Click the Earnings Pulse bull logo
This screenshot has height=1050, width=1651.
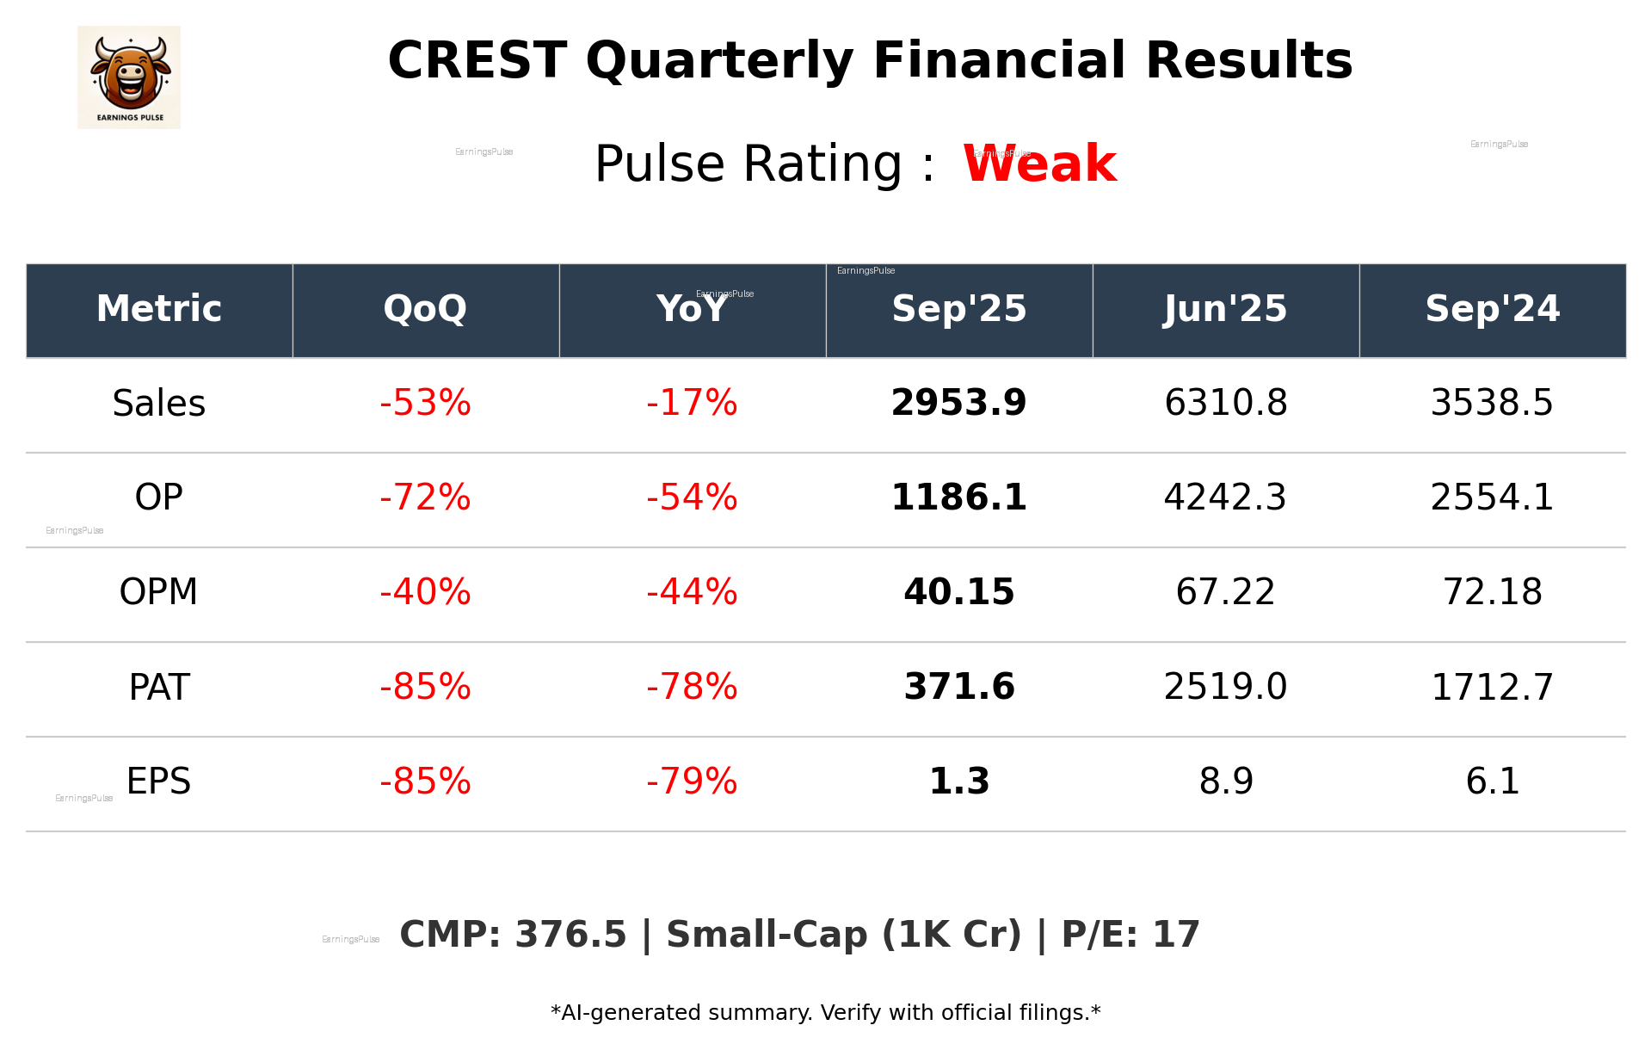pyautogui.click(x=129, y=77)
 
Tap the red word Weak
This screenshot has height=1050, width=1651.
pyautogui.click(x=1039, y=164)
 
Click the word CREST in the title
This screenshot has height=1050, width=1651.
pyautogui.click(x=477, y=61)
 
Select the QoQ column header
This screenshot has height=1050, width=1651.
pyautogui.click(x=425, y=309)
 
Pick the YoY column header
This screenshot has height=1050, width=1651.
pyautogui.click(x=692, y=309)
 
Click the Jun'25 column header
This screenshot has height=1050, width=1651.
pyautogui.click(x=1225, y=309)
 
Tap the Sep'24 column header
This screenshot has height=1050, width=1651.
pyautogui.click(x=1492, y=309)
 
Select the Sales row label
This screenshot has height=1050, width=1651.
pyautogui.click(x=159, y=403)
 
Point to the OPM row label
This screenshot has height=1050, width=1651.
pyautogui.click(x=159, y=592)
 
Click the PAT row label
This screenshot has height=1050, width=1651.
pyautogui.click(x=159, y=687)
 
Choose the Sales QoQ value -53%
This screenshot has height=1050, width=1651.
pyautogui.click(x=425, y=403)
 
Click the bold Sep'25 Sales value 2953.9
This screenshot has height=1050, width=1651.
pyautogui.click(x=958, y=403)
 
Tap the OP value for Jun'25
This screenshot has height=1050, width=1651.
pyautogui.click(x=1225, y=497)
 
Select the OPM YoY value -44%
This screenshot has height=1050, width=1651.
pyautogui.click(x=692, y=592)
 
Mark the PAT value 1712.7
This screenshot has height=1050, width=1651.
pyautogui.click(x=1492, y=687)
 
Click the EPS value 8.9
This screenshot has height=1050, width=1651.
pyautogui.click(x=1225, y=781)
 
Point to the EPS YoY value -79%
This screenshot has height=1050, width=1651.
pyautogui.click(x=692, y=781)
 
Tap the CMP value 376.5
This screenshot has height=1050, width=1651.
pyautogui.click(x=570, y=935)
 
